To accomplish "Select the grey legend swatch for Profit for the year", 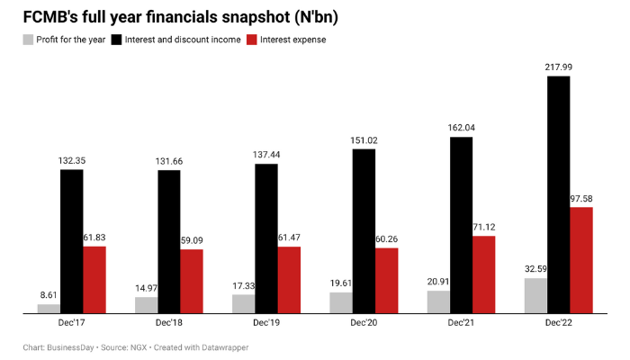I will (x=29, y=40).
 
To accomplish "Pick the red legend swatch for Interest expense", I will (x=253, y=40).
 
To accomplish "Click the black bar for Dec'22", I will (x=559, y=194).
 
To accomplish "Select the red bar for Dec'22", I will (x=581, y=260).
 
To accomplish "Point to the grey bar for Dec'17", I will (x=49, y=309).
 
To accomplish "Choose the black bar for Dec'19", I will (x=266, y=238).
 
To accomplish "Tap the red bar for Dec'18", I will (x=192, y=281).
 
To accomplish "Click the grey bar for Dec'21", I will (x=438, y=301).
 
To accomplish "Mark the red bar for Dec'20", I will (x=387, y=280).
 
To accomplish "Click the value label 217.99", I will (x=559, y=67).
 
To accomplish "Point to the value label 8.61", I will (x=49, y=295).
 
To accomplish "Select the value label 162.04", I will (x=462, y=128).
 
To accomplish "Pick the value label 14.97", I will (x=146, y=288).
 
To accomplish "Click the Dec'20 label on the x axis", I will (x=364, y=323).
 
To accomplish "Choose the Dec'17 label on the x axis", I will (x=72, y=323).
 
